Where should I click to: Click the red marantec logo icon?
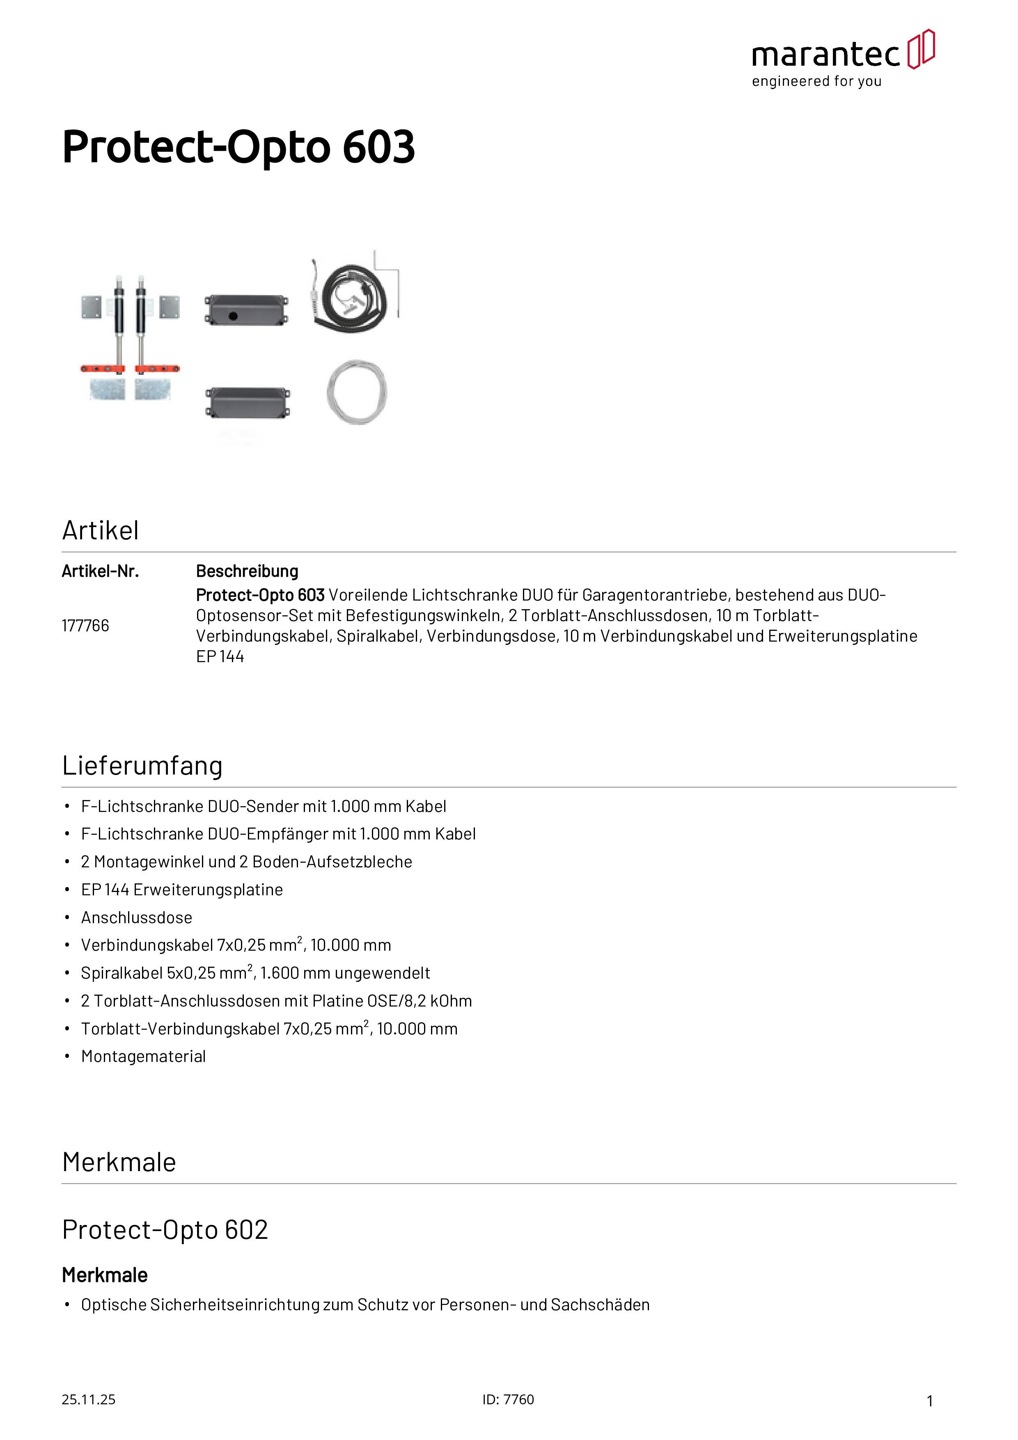click(x=921, y=49)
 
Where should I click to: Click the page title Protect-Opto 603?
click(x=238, y=147)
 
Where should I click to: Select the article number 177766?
click(x=85, y=625)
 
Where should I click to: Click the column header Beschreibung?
click(x=247, y=571)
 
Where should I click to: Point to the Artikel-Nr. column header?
click(x=100, y=571)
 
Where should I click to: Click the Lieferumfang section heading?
click(x=142, y=766)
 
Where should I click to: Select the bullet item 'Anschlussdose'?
click(x=137, y=917)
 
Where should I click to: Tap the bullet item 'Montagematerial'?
click(x=144, y=1057)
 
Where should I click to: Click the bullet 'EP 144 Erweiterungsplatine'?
click(x=182, y=890)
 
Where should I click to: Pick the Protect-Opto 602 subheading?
click(x=165, y=1230)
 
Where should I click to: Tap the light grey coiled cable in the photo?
click(x=357, y=392)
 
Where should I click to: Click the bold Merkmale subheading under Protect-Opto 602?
click(x=105, y=1275)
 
